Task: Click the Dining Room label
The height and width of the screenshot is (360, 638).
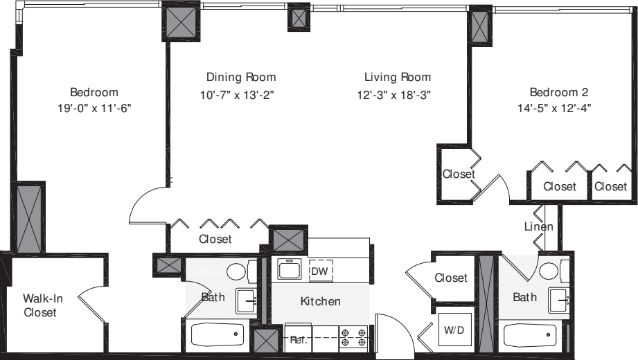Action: click(241, 78)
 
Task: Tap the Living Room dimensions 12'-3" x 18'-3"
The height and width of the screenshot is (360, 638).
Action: click(398, 95)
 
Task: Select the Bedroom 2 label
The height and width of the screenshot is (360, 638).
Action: click(558, 92)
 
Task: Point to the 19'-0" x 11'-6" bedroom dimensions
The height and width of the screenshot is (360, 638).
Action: click(94, 108)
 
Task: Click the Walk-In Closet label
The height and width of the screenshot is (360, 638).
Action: click(44, 305)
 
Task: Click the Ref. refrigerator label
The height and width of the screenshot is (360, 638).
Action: click(298, 340)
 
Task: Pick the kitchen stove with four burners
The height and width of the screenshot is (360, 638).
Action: click(353, 338)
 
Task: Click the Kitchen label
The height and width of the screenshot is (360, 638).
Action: click(320, 301)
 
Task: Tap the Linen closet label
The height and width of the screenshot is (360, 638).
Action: click(538, 227)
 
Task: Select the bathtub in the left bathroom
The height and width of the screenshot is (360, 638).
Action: click(218, 336)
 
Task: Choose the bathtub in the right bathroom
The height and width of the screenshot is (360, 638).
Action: click(529, 336)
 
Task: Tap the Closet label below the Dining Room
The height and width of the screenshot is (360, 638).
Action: click(215, 240)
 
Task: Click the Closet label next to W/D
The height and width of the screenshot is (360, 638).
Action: click(451, 278)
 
